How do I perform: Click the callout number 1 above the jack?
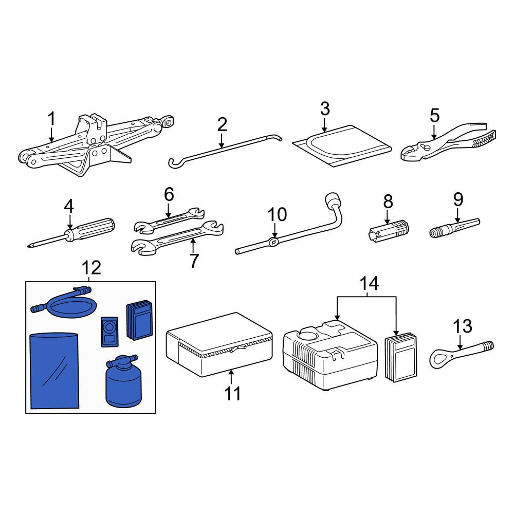coord(52,119)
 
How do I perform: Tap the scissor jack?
coord(95,144)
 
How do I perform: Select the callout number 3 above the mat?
coord(324,109)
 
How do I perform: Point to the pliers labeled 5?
coord(448,142)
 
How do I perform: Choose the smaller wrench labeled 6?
coord(169,221)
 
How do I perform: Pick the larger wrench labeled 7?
coord(177,237)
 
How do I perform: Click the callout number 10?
coord(278,215)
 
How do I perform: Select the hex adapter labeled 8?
coord(388,230)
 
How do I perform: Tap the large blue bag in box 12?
coord(54,371)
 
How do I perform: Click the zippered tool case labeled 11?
coord(219,344)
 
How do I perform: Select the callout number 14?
coord(369,283)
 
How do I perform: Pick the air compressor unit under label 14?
coord(330,356)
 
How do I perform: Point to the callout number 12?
coord(91,268)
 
